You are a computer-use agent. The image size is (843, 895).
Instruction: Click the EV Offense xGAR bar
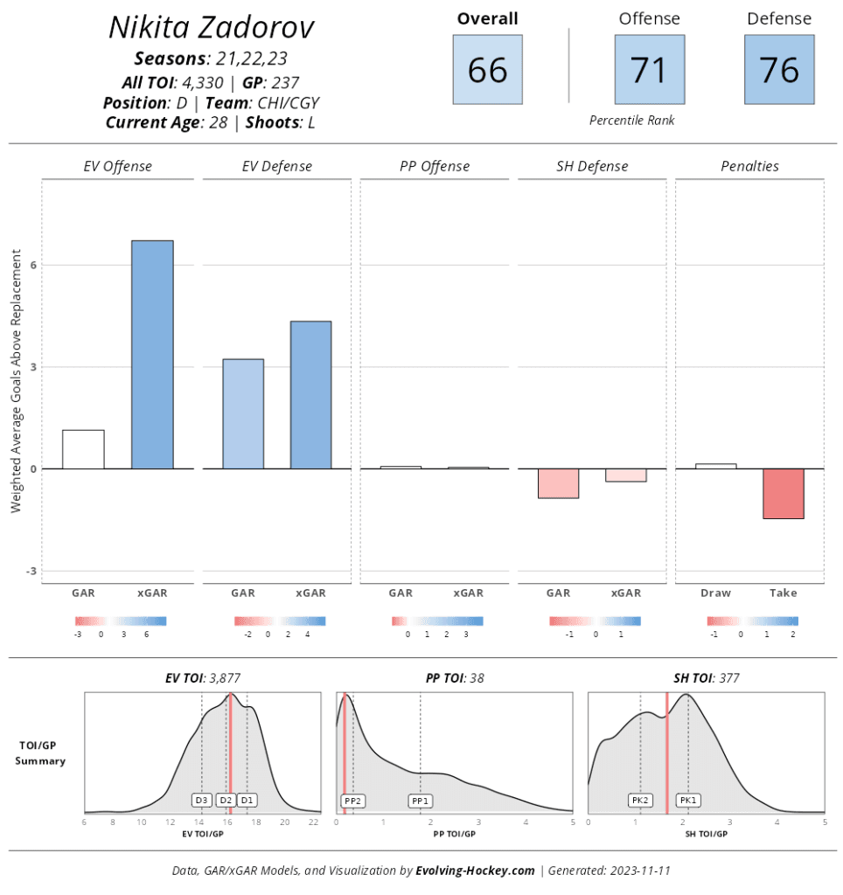pos(152,354)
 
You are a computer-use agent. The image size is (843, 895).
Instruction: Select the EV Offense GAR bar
pos(83,449)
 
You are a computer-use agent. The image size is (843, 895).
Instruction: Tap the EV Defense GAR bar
pos(243,413)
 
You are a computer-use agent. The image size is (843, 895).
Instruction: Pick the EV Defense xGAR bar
pos(311,395)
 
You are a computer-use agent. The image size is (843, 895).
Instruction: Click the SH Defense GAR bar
pos(558,483)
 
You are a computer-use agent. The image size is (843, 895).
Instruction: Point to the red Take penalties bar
pos(783,494)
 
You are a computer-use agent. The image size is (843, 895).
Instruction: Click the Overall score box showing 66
pos(487,69)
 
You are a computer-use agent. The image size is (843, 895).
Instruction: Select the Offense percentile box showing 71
pos(649,69)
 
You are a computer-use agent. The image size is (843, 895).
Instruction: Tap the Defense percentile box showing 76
pos(778,69)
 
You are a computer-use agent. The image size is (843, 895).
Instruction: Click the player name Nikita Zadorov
pos(211,28)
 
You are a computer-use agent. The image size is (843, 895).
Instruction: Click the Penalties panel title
pos(749,166)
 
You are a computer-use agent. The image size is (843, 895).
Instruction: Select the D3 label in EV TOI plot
pos(202,800)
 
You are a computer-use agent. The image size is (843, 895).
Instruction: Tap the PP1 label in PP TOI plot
pos(421,800)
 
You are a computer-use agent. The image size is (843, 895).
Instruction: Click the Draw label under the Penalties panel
pos(715,593)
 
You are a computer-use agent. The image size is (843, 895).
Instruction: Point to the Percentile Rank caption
pos(631,120)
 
